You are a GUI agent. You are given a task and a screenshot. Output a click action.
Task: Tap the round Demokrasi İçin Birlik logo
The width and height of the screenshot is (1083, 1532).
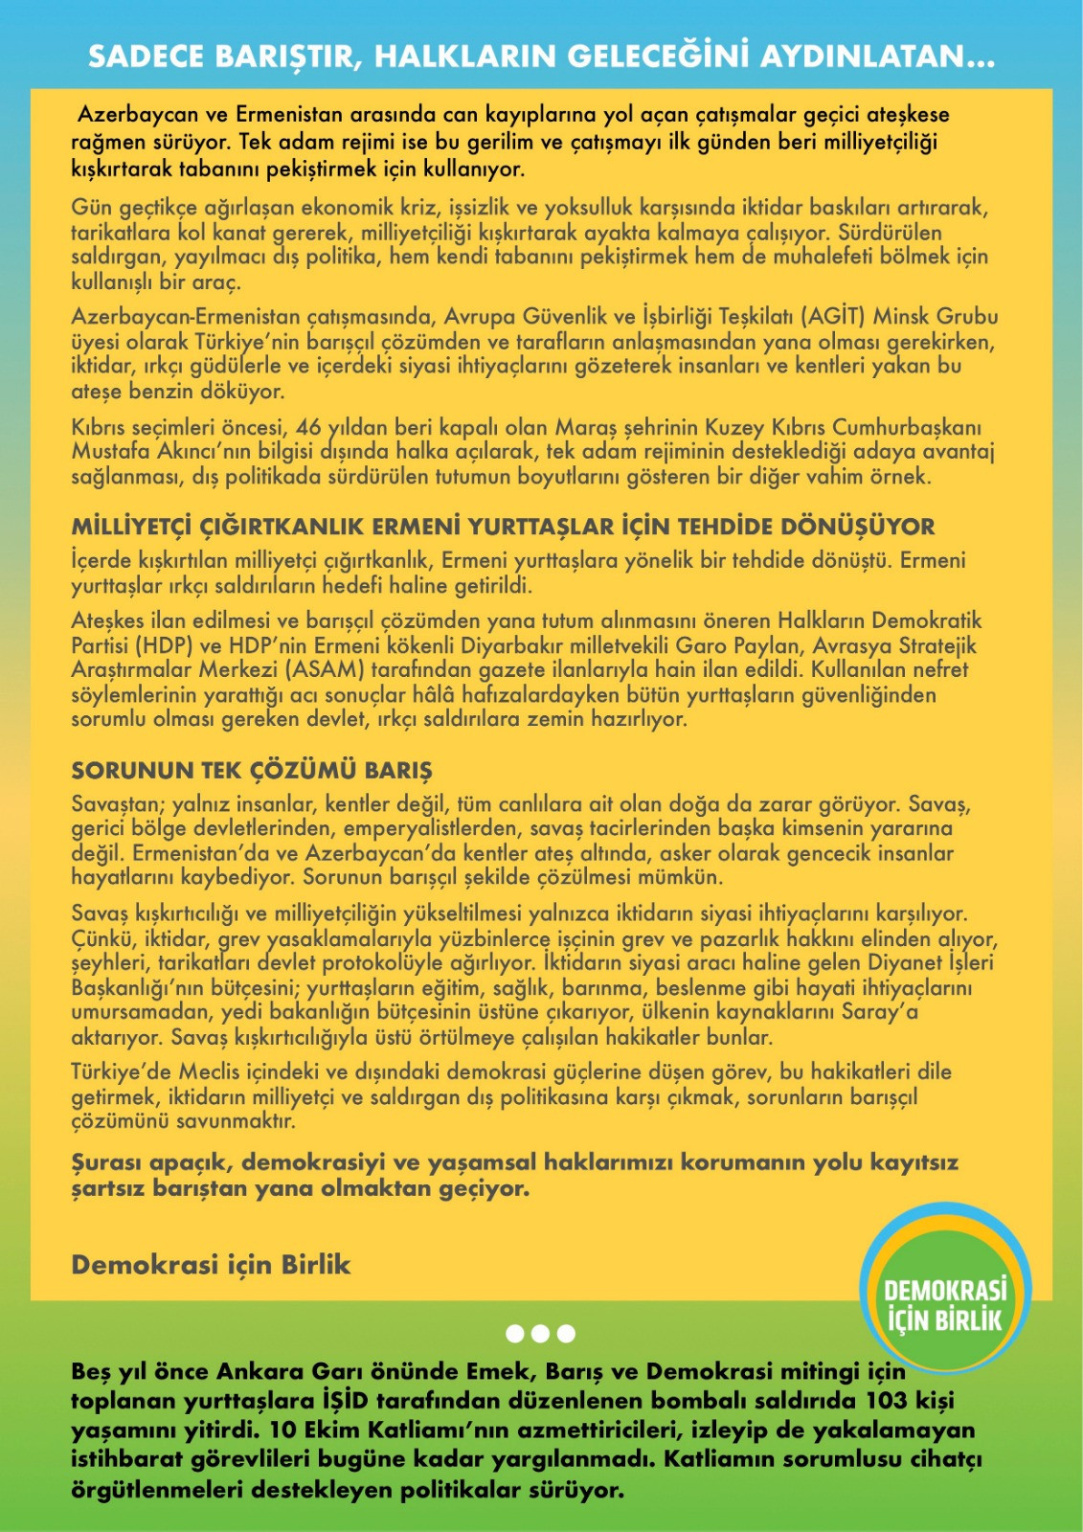(944, 1288)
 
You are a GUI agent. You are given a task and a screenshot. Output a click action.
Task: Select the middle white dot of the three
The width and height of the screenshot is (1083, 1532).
(540, 1333)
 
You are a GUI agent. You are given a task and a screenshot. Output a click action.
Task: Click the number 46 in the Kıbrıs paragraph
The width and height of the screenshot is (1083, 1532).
(308, 427)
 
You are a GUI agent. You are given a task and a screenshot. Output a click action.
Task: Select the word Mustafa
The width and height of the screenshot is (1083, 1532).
(110, 452)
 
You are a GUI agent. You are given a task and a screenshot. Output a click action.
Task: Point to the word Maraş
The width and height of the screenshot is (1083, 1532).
(586, 427)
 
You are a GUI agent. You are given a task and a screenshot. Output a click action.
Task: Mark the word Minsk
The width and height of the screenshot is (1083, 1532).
(900, 317)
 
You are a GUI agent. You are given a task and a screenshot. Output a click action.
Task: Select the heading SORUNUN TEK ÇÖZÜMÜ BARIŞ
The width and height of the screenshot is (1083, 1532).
(252, 771)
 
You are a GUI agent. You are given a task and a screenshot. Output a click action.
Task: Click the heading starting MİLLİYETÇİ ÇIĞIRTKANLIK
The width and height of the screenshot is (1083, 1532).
(503, 527)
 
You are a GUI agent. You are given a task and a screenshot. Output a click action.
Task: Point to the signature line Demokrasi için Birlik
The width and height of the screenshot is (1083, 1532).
(211, 1265)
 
